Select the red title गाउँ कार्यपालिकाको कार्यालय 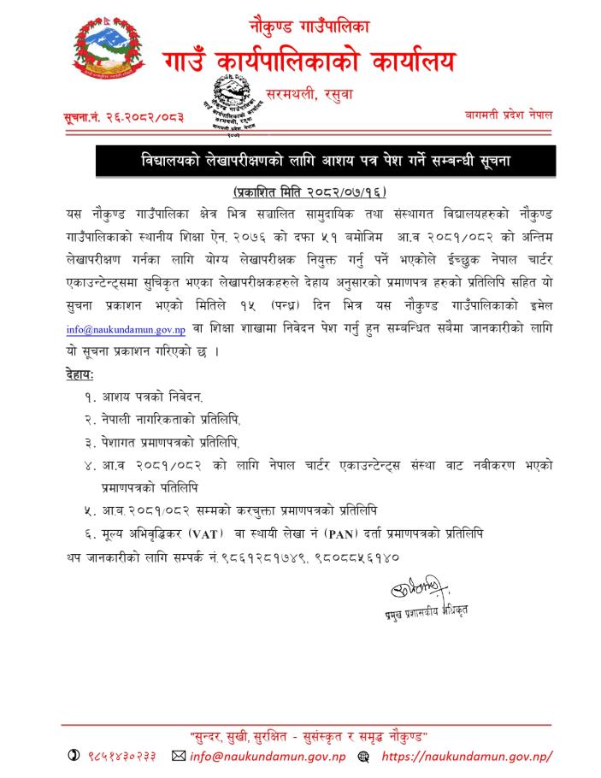(309, 62)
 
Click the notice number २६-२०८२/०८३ (124, 115)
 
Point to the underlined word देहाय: (80, 373)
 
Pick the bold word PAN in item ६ (340, 533)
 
